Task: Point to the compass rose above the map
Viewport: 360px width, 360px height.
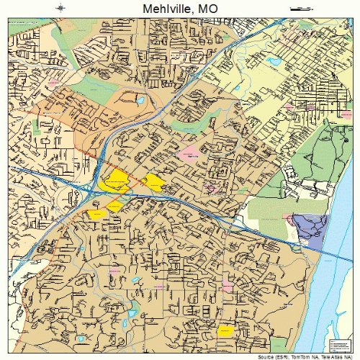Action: click(x=62, y=8)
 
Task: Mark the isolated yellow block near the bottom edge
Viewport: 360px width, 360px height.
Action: click(x=225, y=331)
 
